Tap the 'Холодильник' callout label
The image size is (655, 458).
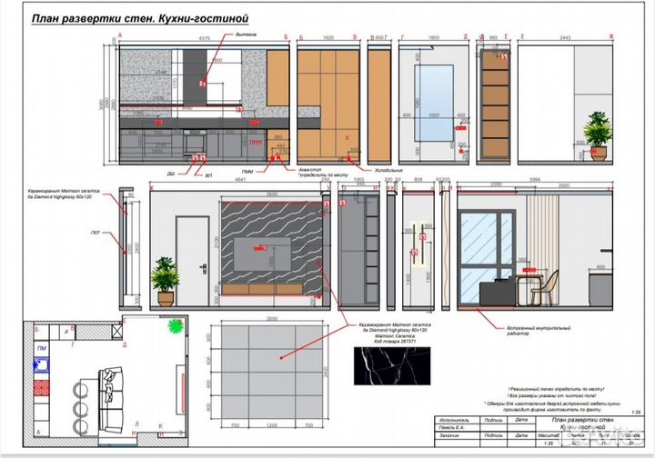point(381,170)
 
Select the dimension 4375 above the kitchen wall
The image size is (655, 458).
point(205,38)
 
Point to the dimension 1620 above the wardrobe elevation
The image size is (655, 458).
point(327,38)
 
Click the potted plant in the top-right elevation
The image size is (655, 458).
point(597,133)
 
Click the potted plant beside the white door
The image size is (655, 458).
point(166,278)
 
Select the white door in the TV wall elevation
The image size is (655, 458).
point(189,262)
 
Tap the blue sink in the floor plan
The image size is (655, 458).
point(42,364)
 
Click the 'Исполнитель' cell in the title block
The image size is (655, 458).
point(454,422)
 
